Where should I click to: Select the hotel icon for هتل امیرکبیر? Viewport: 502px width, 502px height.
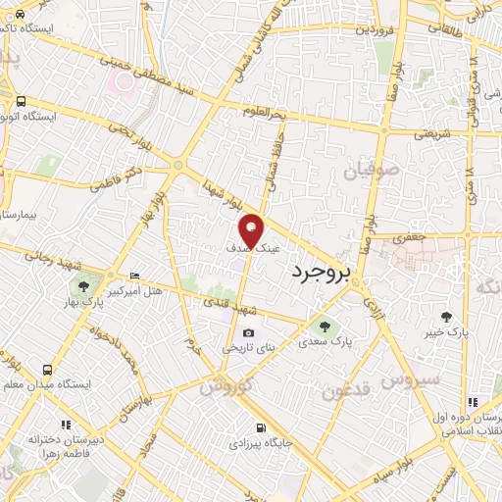[134, 276]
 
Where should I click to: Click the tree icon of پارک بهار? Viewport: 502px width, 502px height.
[84, 287]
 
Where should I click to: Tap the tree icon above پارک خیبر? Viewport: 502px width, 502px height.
[447, 316]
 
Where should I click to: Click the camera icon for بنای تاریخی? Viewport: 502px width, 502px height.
[248, 332]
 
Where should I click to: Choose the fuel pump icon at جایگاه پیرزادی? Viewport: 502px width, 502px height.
[260, 427]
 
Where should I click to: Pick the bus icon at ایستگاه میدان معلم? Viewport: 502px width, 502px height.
[47, 370]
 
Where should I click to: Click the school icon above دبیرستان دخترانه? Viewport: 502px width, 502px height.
[67, 425]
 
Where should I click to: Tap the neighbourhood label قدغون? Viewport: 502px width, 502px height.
[342, 391]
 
